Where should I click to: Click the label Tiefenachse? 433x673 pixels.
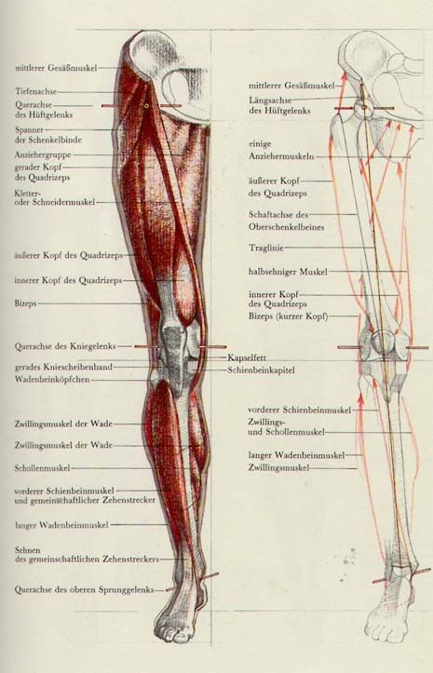point(35,91)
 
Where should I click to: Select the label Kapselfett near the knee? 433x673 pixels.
point(247,357)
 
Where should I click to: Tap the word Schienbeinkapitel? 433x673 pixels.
point(261,370)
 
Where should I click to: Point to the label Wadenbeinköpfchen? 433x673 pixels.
point(52,380)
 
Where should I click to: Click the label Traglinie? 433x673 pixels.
point(266,248)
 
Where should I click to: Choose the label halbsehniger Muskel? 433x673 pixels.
point(288,272)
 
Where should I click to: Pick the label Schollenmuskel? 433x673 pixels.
point(42,468)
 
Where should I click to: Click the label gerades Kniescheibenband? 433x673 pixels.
point(63,367)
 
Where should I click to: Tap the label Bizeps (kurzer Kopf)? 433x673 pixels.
point(289,316)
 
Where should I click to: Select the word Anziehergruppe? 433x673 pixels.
point(43,155)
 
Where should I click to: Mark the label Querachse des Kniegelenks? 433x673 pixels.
point(65,346)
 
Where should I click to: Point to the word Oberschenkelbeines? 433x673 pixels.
point(286,227)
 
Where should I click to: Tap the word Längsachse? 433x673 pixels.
point(270,101)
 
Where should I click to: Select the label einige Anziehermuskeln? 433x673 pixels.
point(281,150)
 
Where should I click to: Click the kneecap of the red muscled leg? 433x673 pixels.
point(173,339)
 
